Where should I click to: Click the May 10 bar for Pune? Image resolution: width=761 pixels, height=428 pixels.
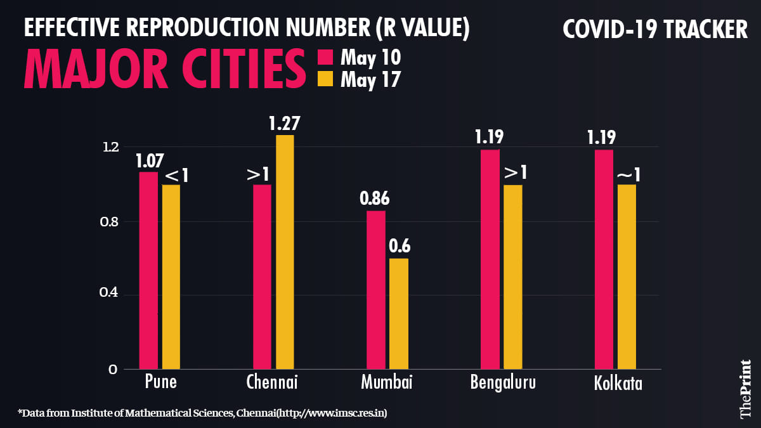[x=148, y=270]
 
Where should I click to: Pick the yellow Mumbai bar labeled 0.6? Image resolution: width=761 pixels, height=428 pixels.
[x=399, y=313]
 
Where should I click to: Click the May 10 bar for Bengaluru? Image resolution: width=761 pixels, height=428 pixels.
[x=490, y=259]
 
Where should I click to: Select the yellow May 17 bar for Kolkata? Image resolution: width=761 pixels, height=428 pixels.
[x=627, y=276]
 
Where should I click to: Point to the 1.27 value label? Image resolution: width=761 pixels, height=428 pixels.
[x=284, y=123]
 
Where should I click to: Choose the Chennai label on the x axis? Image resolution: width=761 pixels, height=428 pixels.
[x=271, y=383]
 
